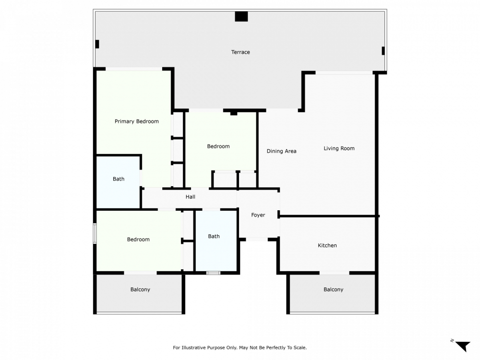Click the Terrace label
tap(240, 52)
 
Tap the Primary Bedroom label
tap(136, 121)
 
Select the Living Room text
tap(339, 148)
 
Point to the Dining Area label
tap(281, 151)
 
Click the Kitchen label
tap(327, 245)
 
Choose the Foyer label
tap(258, 215)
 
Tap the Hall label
tap(190, 197)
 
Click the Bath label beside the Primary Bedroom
tap(119, 179)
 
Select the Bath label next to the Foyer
tap(214, 236)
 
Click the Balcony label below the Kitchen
tap(334, 289)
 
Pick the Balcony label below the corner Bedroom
tap(140, 289)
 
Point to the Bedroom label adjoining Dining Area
tap(218, 146)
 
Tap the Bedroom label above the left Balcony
tap(138, 240)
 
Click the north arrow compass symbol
tap(463, 346)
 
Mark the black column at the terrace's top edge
tap(241, 16)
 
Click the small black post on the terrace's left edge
tap(97, 44)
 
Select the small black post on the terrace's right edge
tap(383, 51)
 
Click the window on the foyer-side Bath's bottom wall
tap(213, 273)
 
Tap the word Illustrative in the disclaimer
tap(193, 348)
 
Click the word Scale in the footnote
tap(300, 348)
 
